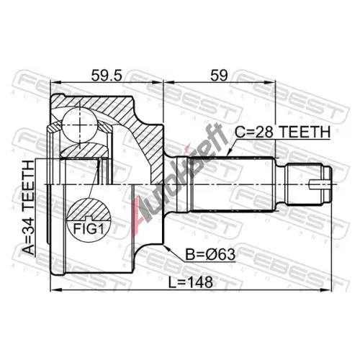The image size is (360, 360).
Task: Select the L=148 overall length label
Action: tap(190, 282)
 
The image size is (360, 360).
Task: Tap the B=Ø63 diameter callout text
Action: tap(210, 254)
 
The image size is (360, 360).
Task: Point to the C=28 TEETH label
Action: tap(282, 132)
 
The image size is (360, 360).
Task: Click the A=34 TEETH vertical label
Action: tap(30, 207)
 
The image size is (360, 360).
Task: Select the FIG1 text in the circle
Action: tap(89, 229)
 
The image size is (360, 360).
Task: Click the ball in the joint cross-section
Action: tap(79, 125)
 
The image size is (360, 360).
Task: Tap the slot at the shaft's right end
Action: tap(318, 184)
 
